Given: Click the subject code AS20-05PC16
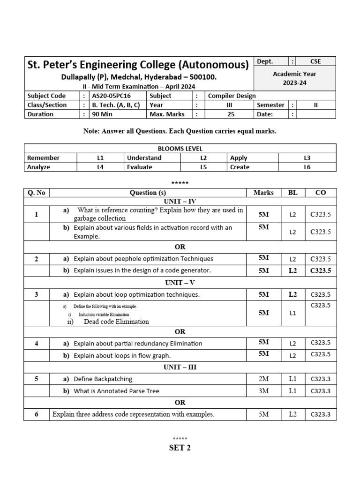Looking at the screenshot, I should click(111, 96).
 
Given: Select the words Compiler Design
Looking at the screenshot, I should click(232, 96).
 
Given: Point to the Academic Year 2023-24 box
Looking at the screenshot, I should click(294, 78).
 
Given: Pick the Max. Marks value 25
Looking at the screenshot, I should click(231, 114).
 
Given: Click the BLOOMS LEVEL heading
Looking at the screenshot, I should click(180, 149).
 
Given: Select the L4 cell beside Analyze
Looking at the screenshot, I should click(100, 167).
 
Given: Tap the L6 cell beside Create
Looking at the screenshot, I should click(307, 167).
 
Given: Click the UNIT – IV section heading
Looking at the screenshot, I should click(180, 201).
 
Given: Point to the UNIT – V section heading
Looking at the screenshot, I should click(180, 283).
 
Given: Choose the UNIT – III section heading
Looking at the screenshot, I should click(180, 367).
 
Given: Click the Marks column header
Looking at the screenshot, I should click(263, 192).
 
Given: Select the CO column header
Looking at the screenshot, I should click(321, 192).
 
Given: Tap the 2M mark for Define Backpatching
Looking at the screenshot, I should click(263, 379).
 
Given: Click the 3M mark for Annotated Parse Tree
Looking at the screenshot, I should click(263, 390).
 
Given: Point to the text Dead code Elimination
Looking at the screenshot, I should click(116, 322).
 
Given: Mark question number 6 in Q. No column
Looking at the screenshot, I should click(36, 414).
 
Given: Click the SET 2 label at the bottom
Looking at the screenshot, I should click(180, 448).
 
